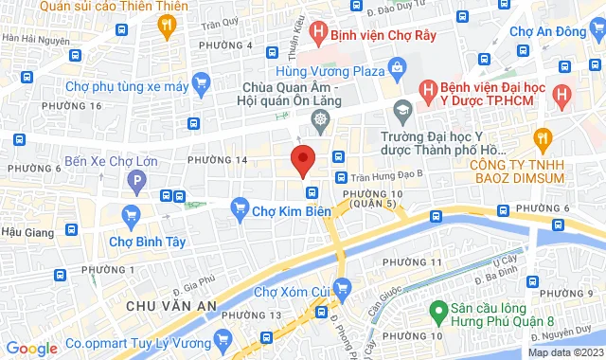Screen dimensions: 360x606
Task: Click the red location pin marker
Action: (302, 160)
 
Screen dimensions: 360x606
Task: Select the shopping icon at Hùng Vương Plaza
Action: (396, 69)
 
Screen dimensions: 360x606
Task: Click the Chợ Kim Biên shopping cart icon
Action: (241, 207)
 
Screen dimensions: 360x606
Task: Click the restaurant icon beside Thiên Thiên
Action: (169, 27)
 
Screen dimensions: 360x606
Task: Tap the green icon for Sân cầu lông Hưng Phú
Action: (437, 310)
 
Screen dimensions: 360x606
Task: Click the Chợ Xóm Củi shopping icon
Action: (344, 286)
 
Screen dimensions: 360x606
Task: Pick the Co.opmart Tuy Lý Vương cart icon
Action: (223, 337)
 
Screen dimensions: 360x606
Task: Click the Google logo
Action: (31, 349)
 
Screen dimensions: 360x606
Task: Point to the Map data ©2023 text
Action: (564, 352)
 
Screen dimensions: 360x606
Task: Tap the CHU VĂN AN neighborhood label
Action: (171, 305)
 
